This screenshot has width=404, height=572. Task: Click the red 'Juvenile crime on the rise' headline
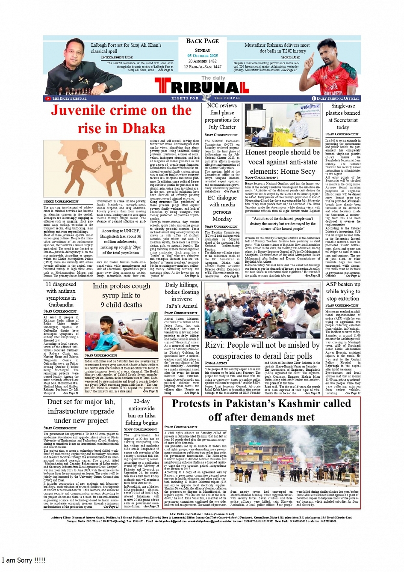pyautogui.click(x=121, y=119)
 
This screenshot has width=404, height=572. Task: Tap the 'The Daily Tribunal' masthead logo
pyautogui.click(x=202, y=87)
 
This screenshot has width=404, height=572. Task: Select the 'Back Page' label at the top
pyautogui.click(x=202, y=41)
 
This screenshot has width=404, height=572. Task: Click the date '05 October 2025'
pyautogui.click(x=202, y=56)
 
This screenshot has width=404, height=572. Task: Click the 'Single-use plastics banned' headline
pyautogui.click(x=342, y=116)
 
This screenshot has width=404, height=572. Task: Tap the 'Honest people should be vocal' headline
pyautogui.click(x=282, y=162)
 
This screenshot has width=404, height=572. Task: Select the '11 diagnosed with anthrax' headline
pyautogui.click(x=61, y=294)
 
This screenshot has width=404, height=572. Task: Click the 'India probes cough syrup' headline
pyautogui.click(x=121, y=295)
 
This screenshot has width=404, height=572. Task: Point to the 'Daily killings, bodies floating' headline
pyautogui.click(x=182, y=295)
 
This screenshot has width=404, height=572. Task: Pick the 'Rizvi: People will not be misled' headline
pyautogui.click(x=262, y=350)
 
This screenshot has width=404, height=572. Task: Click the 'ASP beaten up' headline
pyautogui.click(x=342, y=291)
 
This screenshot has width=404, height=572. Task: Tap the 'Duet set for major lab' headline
pyautogui.click(x=81, y=411)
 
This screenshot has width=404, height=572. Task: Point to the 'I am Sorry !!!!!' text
pyautogui.click(x=24, y=560)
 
